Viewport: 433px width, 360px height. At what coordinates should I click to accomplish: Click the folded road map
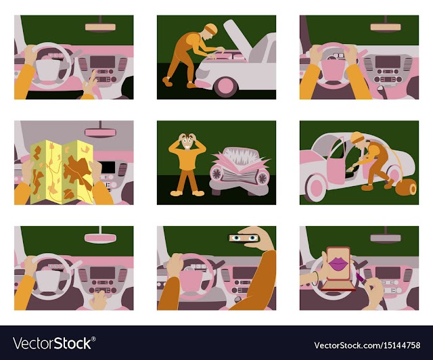62,172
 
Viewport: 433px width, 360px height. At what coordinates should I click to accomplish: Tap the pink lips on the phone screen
338,264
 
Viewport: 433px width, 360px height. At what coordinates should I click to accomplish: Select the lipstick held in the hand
361,277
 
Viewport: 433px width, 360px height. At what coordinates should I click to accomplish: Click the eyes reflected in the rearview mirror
244,238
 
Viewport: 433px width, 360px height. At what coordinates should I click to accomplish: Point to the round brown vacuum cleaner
406,187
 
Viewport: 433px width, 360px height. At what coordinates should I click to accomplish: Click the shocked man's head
187,141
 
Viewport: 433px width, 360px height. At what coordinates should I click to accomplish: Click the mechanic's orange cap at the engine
211,28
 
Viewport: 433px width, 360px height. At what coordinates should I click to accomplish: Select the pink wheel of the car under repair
225,87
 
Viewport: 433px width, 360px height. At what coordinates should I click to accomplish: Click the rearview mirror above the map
100,133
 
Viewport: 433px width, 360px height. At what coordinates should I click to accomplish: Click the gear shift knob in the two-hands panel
380,89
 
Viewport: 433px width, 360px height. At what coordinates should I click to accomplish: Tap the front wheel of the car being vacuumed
316,187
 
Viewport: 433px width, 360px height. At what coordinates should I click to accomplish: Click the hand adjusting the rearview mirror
258,238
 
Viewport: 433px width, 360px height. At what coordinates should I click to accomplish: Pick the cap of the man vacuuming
357,137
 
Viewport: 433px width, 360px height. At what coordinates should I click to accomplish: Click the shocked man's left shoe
176,193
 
